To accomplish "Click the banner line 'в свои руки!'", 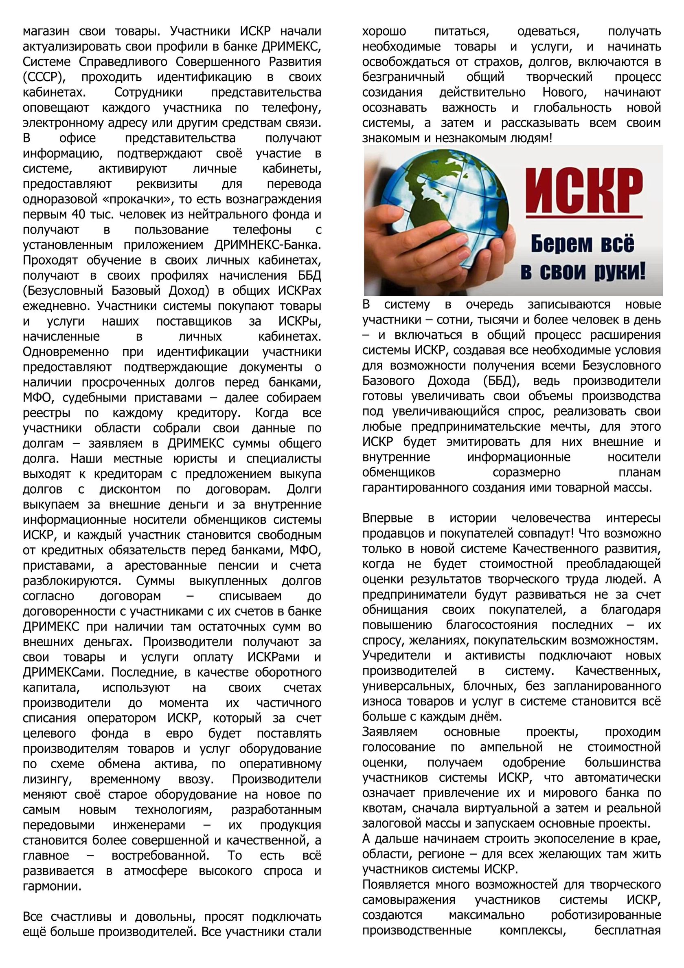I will coord(583,272).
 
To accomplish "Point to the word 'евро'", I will coord(180,734).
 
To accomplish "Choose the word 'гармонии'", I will coord(52,886).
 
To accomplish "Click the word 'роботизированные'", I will coord(606,915).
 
